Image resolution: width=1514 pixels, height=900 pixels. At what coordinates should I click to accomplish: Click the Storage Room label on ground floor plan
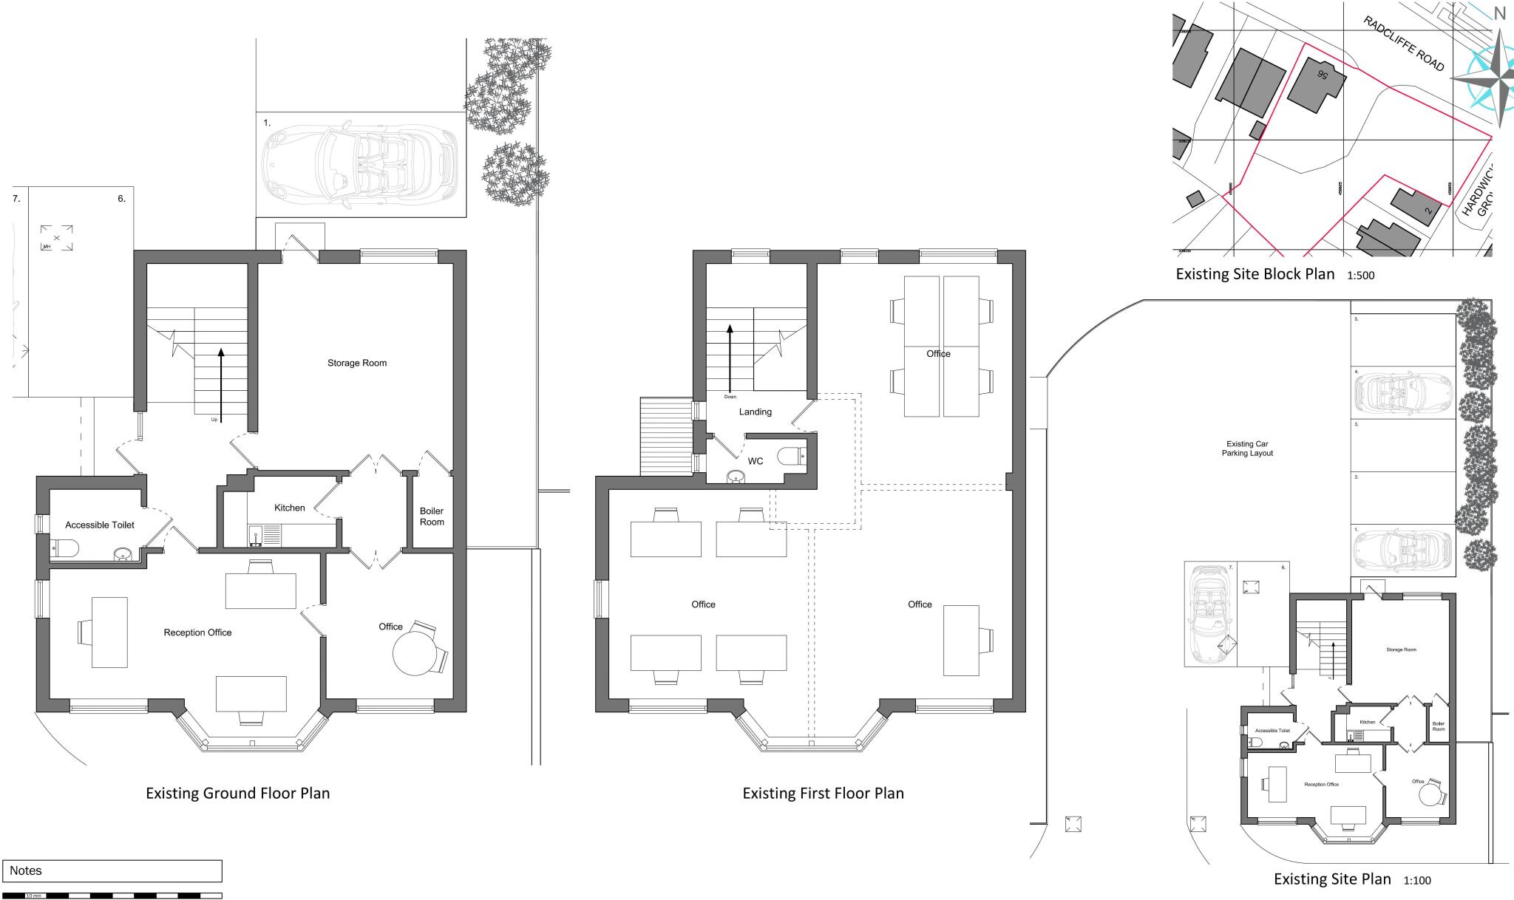pos(357,363)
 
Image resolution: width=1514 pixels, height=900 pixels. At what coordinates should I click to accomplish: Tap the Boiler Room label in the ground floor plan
pos(432,517)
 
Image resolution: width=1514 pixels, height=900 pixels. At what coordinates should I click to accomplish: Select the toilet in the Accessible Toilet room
pos(65,548)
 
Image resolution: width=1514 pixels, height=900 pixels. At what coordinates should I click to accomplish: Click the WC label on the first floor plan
pos(756,461)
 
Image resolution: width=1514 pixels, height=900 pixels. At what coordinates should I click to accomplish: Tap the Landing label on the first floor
pos(755,412)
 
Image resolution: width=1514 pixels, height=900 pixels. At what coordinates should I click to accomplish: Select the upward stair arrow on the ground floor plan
pos(220,384)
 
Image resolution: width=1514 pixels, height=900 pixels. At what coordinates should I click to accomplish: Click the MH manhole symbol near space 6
pos(56,238)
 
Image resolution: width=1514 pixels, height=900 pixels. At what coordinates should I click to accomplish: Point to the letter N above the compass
pos(1500,13)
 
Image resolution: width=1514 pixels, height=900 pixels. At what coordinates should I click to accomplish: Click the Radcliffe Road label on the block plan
pos(1404,44)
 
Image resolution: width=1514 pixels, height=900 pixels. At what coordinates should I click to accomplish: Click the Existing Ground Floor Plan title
pos(237,794)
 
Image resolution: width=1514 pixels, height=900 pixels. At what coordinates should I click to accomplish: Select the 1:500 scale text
pos(1360,276)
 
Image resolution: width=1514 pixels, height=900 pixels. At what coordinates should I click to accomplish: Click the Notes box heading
pos(26,870)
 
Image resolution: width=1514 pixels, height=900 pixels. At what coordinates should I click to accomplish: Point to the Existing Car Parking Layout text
pos(1247,449)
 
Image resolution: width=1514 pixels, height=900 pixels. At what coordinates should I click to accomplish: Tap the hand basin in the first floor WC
pos(736,477)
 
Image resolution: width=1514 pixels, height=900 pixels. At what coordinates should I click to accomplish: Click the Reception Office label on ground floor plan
pos(197,633)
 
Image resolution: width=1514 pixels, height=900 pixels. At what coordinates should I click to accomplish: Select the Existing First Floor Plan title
pos(823,794)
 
